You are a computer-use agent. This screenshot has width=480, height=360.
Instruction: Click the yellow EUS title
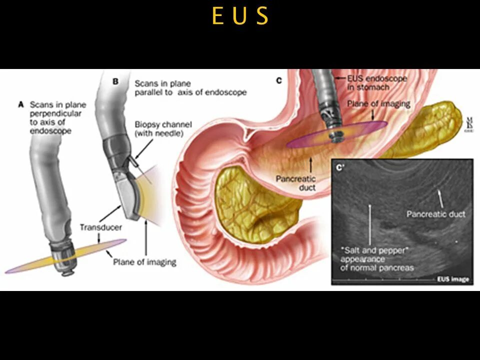(240, 16)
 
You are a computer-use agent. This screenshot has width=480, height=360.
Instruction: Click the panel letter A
(21, 105)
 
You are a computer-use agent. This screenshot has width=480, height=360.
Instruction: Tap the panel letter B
(115, 81)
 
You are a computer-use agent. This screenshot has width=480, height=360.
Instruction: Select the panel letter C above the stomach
(279, 80)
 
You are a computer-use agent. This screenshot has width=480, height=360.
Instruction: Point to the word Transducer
(100, 227)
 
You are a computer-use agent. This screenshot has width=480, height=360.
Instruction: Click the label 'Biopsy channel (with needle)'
(156, 128)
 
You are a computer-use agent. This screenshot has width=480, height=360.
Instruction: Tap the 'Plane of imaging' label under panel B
(144, 261)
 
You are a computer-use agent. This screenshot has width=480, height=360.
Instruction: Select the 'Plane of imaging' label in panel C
(379, 104)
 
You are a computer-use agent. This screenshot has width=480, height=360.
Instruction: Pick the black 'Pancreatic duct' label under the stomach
(296, 183)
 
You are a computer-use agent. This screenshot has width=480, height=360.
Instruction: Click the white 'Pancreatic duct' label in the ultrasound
(435, 214)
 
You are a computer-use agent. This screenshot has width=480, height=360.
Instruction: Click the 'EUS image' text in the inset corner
(453, 279)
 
